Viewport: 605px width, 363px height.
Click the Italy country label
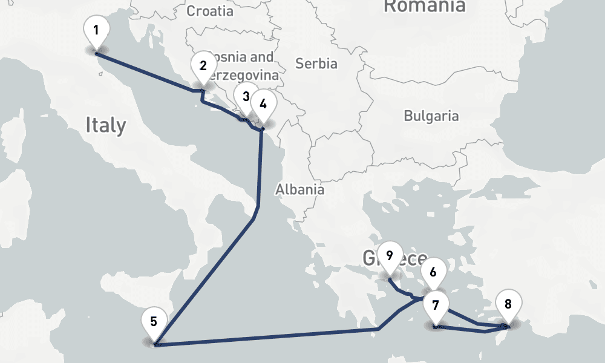(106, 125)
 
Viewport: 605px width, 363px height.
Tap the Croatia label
(210, 11)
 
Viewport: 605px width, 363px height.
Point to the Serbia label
(316, 63)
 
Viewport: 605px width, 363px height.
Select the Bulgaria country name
(431, 116)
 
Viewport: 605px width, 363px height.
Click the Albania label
(299, 189)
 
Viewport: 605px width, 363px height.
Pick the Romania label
(425, 6)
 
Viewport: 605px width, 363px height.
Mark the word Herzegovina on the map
(242, 76)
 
